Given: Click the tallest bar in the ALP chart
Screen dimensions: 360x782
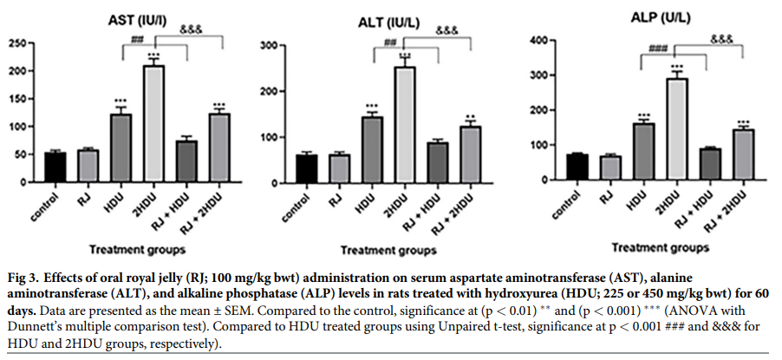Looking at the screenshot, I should click(x=676, y=129).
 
